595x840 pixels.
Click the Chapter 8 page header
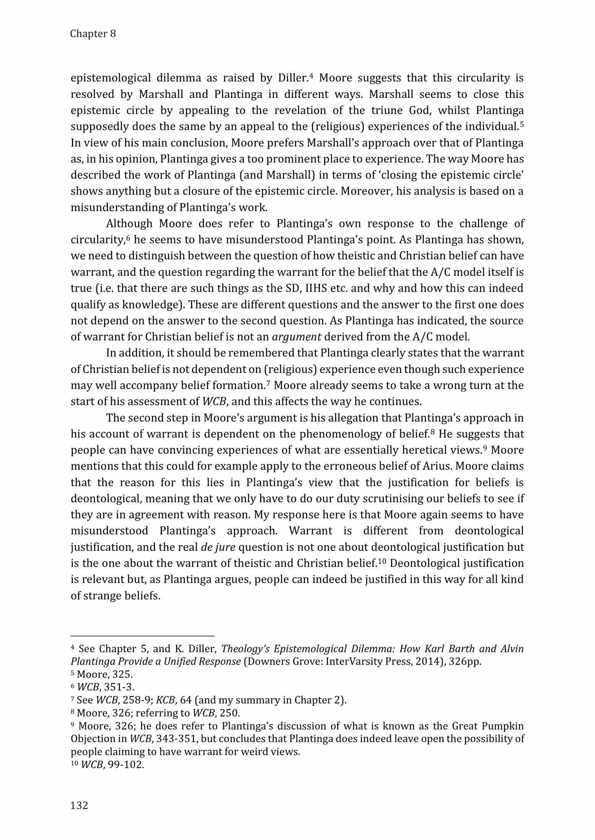pyautogui.click(x=93, y=34)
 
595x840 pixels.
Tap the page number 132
pyautogui.click(x=79, y=805)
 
